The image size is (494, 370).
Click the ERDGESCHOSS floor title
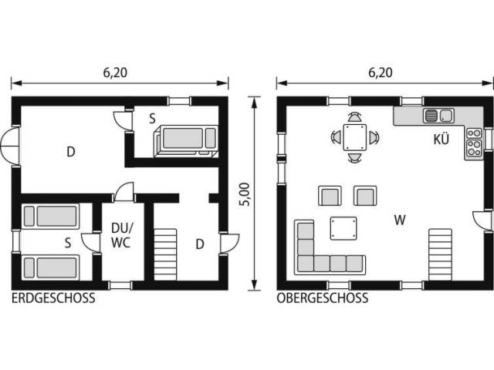53,298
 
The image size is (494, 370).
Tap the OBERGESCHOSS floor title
323,298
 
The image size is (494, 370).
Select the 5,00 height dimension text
245,194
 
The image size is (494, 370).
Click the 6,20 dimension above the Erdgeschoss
115,72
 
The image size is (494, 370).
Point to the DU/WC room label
122,235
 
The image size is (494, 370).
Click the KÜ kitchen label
441,139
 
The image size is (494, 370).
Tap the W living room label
400,220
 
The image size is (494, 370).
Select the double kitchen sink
438,116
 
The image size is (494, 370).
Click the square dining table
355,137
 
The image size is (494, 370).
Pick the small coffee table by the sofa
343,228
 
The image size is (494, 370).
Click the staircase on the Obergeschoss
441,254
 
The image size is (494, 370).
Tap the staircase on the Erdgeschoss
165,254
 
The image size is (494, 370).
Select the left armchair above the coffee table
330,196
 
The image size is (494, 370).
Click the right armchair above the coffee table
365,196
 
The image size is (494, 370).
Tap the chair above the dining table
355,117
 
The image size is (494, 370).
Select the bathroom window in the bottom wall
120,285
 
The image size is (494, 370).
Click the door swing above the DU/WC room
124,192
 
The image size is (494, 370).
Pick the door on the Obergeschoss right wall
482,221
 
